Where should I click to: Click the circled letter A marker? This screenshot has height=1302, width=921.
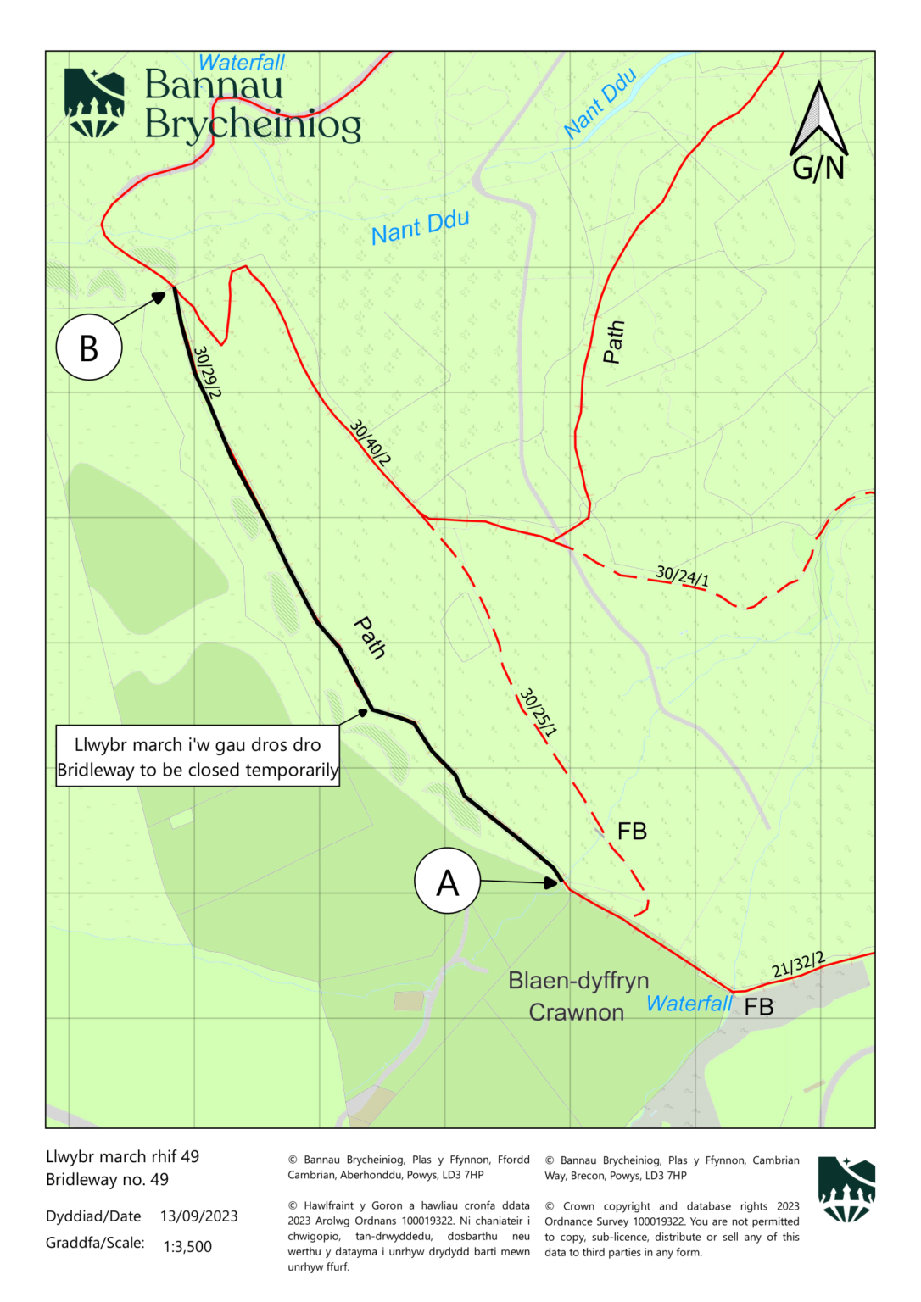(447, 881)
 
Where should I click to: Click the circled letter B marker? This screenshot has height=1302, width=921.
(89, 347)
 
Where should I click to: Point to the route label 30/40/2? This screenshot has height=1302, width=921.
(371, 442)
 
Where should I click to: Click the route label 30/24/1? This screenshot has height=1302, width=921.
(682, 576)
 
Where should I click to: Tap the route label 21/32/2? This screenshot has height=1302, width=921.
(798, 965)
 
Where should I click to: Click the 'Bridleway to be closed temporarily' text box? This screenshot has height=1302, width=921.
(198, 757)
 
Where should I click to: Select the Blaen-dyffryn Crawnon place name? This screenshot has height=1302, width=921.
(578, 996)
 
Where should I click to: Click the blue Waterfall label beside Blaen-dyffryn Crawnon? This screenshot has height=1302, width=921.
(689, 1004)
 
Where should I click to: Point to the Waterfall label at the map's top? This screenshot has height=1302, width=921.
(242, 63)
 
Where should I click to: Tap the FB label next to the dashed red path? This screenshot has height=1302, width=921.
(632, 832)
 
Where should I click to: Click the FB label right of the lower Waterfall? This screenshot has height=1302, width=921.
(759, 1007)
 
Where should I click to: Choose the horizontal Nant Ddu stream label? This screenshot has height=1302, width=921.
(420, 227)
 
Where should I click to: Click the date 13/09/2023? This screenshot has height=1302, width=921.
(198, 1216)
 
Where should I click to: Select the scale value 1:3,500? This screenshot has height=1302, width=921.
(187, 1246)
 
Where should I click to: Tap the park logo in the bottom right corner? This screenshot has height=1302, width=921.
(846, 1189)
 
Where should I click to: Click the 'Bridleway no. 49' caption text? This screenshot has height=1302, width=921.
(107, 1179)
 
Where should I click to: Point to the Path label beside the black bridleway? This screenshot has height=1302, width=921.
(370, 637)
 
